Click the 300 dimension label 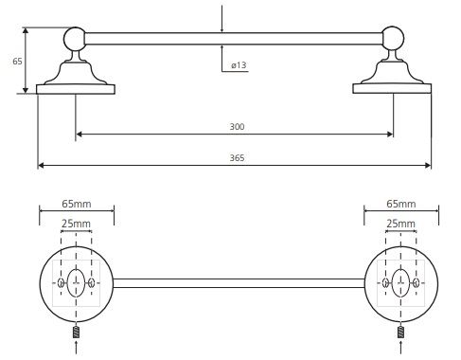click(x=237, y=127)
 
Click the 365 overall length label click(x=237, y=158)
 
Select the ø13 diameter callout click(x=239, y=65)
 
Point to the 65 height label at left click(x=17, y=61)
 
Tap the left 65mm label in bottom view click(x=77, y=204)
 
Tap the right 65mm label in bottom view click(x=401, y=204)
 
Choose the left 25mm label click(x=76, y=224)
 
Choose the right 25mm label click(x=400, y=224)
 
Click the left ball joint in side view click(x=75, y=39)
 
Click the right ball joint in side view click(x=393, y=38)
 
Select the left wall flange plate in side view click(x=76, y=89)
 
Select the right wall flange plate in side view click(x=392, y=88)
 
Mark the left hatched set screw click(x=76, y=333)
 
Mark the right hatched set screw click(x=400, y=333)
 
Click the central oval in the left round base click(x=76, y=283)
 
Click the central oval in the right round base click(x=400, y=283)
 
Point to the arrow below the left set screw click(x=76, y=349)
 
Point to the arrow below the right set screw click(x=400, y=348)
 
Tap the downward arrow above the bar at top click(x=222, y=19)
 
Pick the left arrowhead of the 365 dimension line click(x=41, y=165)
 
